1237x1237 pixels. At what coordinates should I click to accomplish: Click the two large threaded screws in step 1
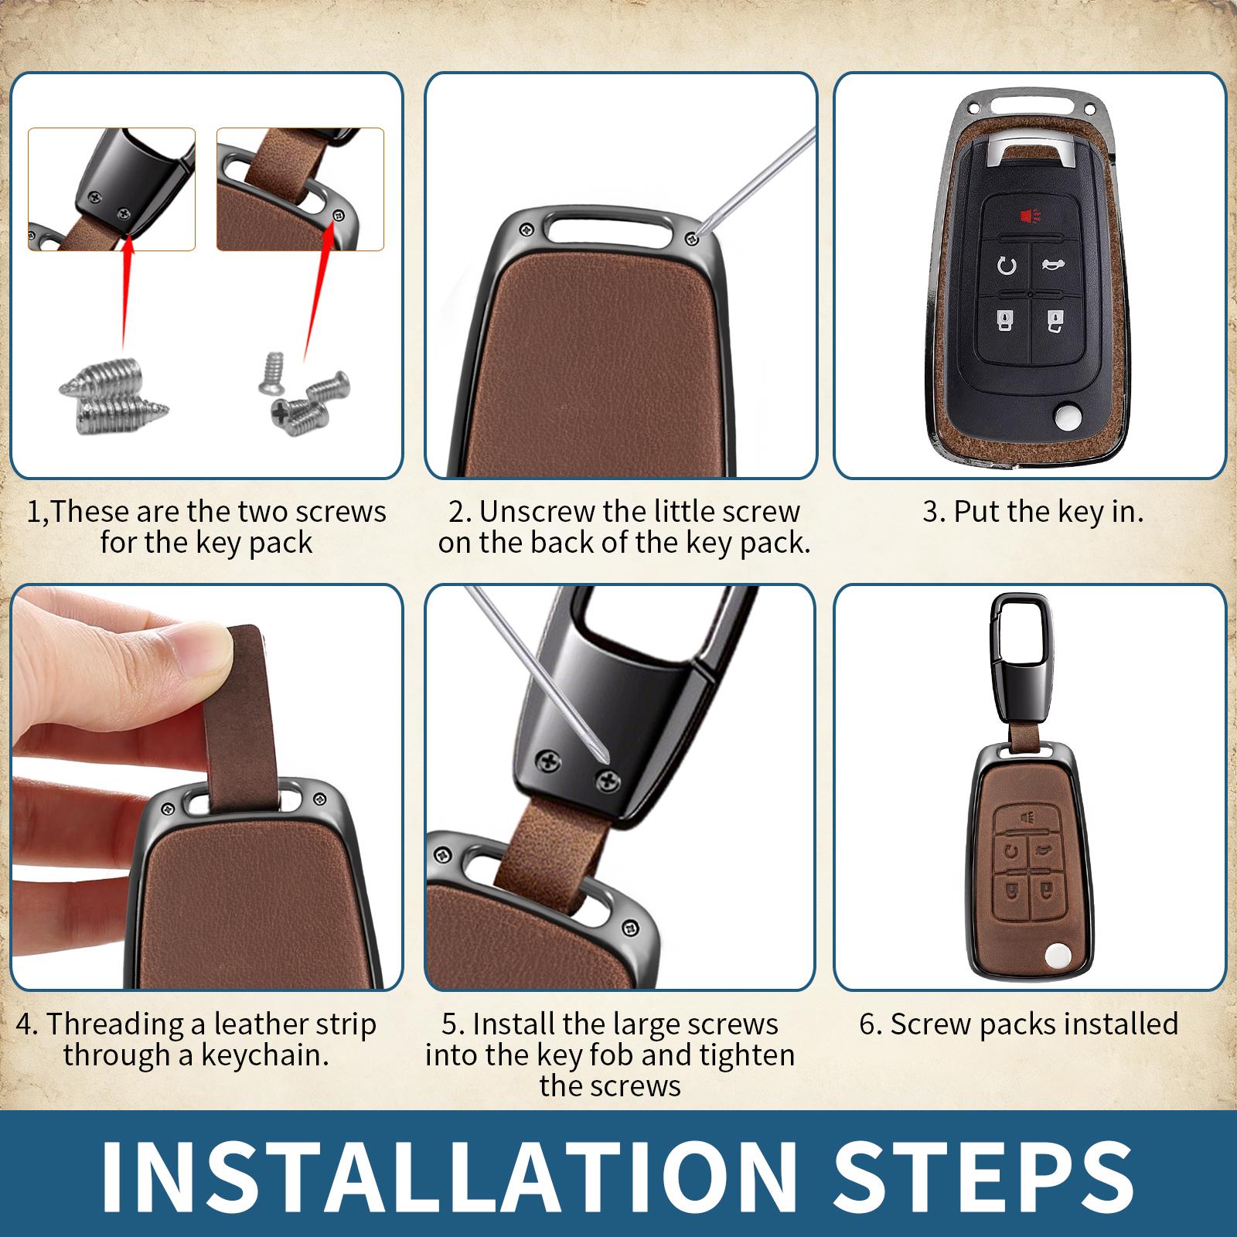[114, 399]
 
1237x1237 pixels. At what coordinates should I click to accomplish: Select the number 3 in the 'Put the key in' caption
[930, 512]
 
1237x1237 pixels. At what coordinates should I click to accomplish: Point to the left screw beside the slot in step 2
[527, 228]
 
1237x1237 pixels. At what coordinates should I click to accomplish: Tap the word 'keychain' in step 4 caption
[263, 1055]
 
